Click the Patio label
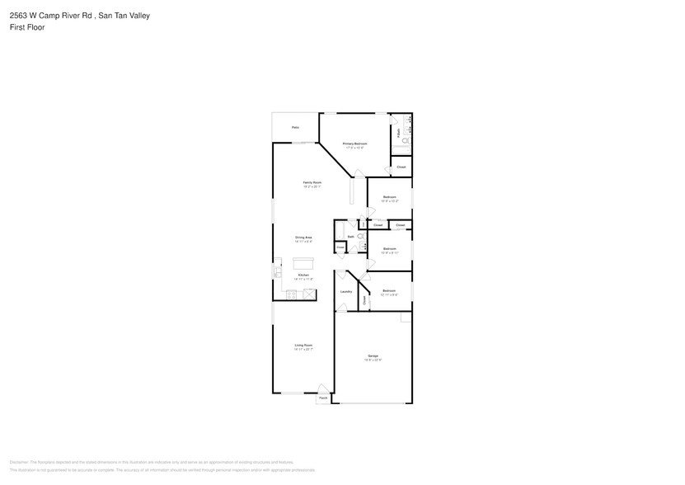295,127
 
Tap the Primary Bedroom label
354,144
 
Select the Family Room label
312,182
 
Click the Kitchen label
303,275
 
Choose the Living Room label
303,345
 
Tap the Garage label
373,356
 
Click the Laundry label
346,291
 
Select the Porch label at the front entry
324,398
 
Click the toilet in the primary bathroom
406,141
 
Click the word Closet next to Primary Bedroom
401,167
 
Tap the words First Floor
28,27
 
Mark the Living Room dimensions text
303,350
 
